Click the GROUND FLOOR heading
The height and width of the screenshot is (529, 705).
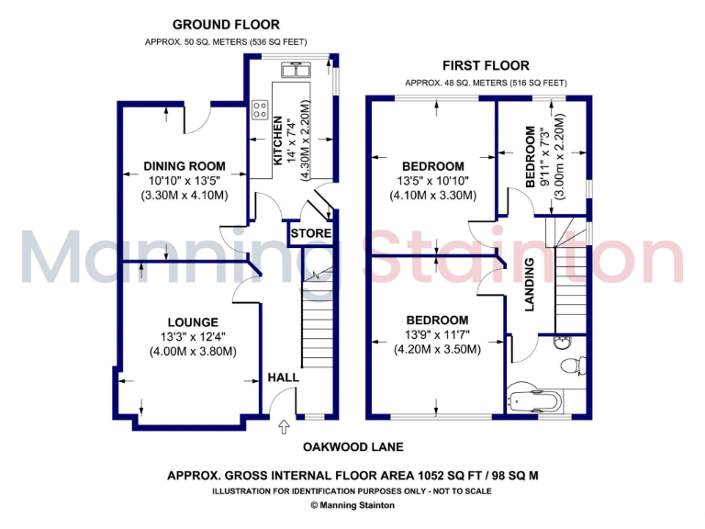click(226, 25)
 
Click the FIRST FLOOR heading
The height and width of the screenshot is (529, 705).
click(486, 65)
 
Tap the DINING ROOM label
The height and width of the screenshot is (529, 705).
click(185, 166)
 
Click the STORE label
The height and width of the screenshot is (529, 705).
click(310, 233)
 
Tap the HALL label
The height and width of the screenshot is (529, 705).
click(283, 377)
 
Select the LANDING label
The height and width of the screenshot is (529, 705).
click(530, 284)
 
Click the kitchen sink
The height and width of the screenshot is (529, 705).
click(297, 70)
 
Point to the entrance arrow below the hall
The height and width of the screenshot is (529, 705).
click(283, 426)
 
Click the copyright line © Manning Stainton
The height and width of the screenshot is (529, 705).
click(352, 504)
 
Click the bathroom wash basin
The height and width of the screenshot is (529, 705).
click(563, 343)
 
